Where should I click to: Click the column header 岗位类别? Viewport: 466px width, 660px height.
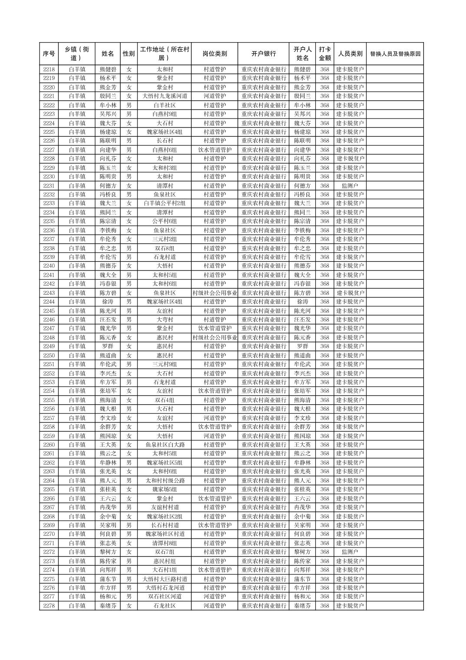[x=214, y=54]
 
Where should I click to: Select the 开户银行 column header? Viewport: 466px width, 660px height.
[x=263, y=54]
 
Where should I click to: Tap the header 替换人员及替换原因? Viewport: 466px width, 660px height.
[x=395, y=54]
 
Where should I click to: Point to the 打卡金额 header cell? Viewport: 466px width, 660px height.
[x=325, y=54]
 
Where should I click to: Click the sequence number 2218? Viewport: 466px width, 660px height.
[x=49, y=69]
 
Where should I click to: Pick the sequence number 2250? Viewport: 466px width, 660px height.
[x=49, y=355]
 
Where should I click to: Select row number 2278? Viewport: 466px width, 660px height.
[x=49, y=606]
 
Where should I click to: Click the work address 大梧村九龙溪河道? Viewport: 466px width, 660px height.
[x=165, y=96]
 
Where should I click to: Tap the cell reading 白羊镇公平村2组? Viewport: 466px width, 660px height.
[x=165, y=203]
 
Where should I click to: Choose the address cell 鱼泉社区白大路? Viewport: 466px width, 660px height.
[x=165, y=445]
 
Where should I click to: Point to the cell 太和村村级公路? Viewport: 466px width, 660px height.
[x=165, y=481]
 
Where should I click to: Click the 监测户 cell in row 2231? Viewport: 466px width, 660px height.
[x=350, y=185]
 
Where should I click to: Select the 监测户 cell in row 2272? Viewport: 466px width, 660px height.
[x=350, y=552]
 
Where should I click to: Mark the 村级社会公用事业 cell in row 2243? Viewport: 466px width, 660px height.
[x=214, y=293]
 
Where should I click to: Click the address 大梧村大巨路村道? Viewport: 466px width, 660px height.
[x=165, y=579]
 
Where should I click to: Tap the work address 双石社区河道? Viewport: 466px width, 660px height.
[x=165, y=597]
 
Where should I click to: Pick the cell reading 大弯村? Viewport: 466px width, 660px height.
[x=165, y=320]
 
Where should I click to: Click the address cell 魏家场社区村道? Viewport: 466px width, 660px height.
[x=165, y=534]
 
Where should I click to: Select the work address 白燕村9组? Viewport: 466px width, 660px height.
[x=165, y=114]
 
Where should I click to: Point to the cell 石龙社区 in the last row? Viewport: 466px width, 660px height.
[x=165, y=606]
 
